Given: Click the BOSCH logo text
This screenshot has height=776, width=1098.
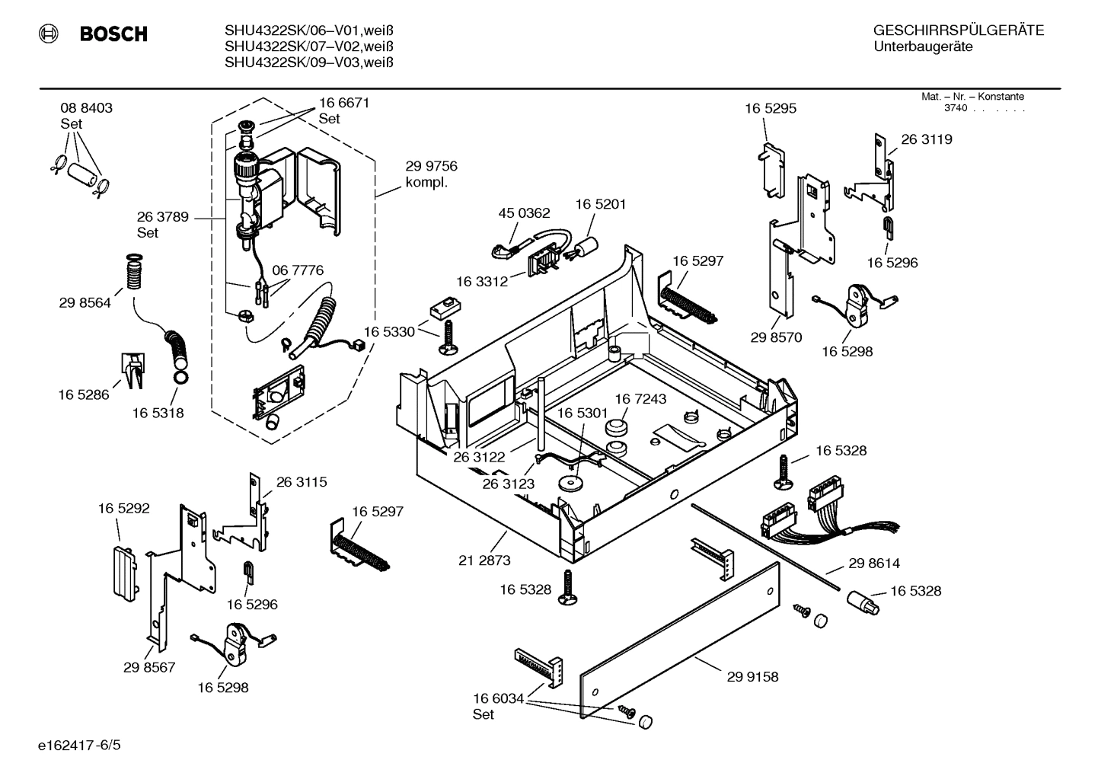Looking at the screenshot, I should [x=113, y=34].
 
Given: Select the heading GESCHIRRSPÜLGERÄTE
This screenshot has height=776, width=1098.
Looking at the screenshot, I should [x=958, y=31].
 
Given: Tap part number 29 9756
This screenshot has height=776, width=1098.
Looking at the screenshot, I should [x=431, y=166].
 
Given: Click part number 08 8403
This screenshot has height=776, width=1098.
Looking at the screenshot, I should [x=86, y=108].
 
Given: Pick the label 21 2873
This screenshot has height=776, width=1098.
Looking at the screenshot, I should [x=484, y=560].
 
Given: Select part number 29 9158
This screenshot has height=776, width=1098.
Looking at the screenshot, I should [x=752, y=676].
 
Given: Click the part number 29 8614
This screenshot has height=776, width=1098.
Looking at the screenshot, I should [x=874, y=564].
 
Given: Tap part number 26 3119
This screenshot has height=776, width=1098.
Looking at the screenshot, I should [x=927, y=139].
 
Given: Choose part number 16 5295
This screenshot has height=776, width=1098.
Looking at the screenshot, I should [x=771, y=109].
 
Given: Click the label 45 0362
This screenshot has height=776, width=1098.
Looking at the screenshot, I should [x=524, y=213].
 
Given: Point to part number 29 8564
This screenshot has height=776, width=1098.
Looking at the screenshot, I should [x=85, y=303].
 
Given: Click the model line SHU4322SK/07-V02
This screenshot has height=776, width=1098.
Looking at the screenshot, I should [x=308, y=46].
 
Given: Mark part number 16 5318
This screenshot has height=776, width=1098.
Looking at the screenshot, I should [x=158, y=413].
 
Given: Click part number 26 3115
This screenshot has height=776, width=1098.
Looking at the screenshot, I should [x=302, y=482].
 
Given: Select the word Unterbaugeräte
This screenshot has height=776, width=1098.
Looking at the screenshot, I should [x=923, y=47].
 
